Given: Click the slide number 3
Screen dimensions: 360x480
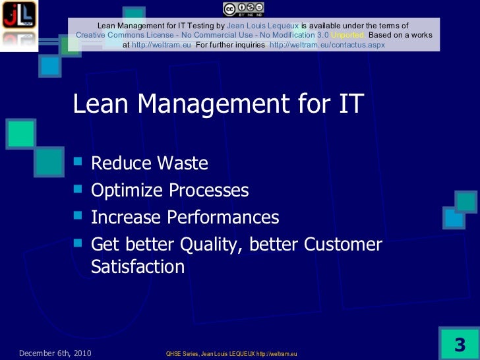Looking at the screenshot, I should point(460,345).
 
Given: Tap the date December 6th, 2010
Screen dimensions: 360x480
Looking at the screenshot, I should point(55,354).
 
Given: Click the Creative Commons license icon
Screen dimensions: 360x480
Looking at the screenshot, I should point(243,8).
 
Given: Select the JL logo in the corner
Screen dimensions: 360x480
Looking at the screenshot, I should point(18,17).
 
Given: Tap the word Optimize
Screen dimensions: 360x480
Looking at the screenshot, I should point(126,191).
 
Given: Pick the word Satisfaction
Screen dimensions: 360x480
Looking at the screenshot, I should point(137,267).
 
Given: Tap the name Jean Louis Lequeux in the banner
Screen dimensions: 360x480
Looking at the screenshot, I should point(262,25).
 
